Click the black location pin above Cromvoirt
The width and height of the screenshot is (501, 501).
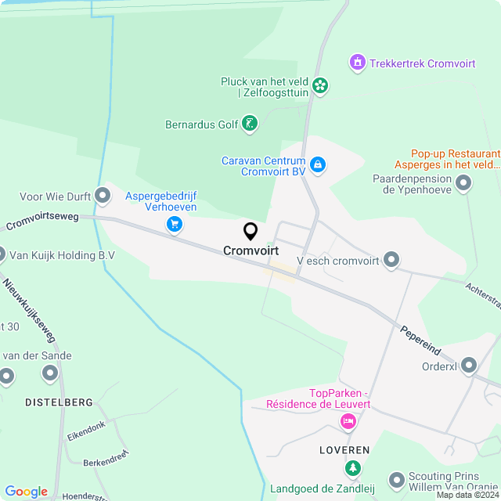pos(250,231)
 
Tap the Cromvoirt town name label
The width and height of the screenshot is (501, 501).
pos(250,251)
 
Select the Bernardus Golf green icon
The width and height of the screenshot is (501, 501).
pos(249,123)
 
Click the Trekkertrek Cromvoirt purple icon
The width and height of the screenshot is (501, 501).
pos(358,62)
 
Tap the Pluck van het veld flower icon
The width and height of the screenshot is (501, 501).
pos(319,85)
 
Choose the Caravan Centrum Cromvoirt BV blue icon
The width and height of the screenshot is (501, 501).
pos(318,165)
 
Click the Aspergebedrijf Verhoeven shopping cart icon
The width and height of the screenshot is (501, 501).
pos(174,225)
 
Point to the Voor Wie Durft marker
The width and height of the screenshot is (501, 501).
pos(103,195)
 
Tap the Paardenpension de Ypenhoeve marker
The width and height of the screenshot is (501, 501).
pos(463,184)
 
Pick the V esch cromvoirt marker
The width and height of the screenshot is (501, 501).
pos(392,260)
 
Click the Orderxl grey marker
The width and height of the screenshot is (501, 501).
pos(469,365)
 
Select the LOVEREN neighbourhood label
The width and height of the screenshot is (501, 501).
pos(344,451)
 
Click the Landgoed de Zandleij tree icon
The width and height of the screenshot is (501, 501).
pos(353,469)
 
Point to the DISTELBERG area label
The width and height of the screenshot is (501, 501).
pos(59,402)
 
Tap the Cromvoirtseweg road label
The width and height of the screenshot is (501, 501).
pos(42,222)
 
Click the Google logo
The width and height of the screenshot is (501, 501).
pos(26,491)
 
